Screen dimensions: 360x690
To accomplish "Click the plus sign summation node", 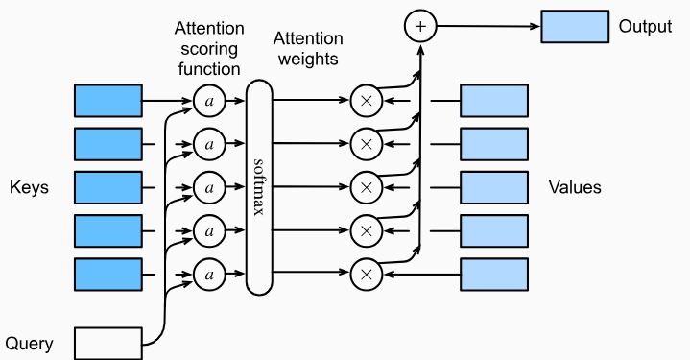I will (418, 27).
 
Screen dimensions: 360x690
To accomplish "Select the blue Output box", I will (574, 27).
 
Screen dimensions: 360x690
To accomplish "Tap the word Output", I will (646, 27).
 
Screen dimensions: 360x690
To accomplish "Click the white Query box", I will (108, 343).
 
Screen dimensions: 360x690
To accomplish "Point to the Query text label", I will (29, 343).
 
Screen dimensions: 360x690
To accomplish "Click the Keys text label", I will (29, 187).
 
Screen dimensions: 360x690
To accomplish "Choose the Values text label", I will (575, 187).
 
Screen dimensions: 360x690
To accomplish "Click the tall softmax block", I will (259, 187).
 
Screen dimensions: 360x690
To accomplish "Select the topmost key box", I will (108, 99).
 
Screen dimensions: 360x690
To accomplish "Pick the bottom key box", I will (108, 275).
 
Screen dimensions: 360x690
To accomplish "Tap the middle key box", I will (108, 187).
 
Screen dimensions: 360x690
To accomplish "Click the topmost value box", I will (494, 99).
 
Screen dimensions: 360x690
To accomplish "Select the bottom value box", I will (494, 275).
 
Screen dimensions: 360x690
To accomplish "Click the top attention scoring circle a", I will (208, 99).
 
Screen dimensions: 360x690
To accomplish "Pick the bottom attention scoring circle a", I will (208, 275).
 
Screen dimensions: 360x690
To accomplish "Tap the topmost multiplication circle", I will (365, 99).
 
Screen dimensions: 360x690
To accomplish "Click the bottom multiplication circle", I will (365, 275).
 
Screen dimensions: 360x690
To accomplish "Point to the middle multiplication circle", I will (365, 187).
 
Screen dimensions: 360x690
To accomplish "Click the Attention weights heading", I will (307, 48).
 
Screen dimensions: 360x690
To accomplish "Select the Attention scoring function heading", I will (208, 49).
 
